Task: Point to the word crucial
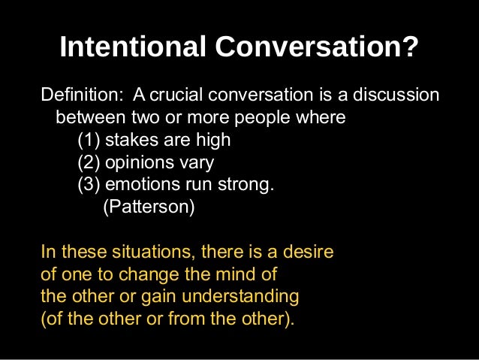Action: click(183, 97)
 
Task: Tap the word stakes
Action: click(130, 141)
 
